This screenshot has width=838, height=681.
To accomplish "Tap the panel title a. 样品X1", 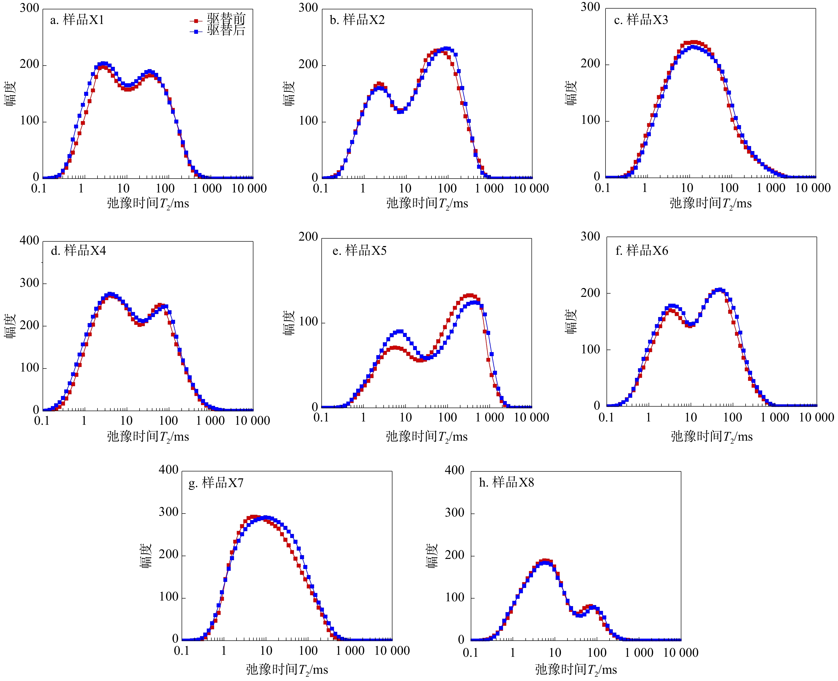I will pyautogui.click(x=77, y=20).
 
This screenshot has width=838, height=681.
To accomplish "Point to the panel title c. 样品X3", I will pyautogui.click(x=641, y=20).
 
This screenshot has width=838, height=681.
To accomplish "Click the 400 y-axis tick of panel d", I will pyautogui.click(x=29, y=240).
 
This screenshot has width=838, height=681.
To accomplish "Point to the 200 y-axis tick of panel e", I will pyautogui.click(x=308, y=237).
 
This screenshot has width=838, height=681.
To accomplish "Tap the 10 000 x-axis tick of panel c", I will pyautogui.click(x=813, y=188).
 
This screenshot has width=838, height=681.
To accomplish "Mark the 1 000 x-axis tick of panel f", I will pyautogui.click(x=775, y=417).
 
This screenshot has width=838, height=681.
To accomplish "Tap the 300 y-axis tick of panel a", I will pyautogui.click(x=29, y=8).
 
